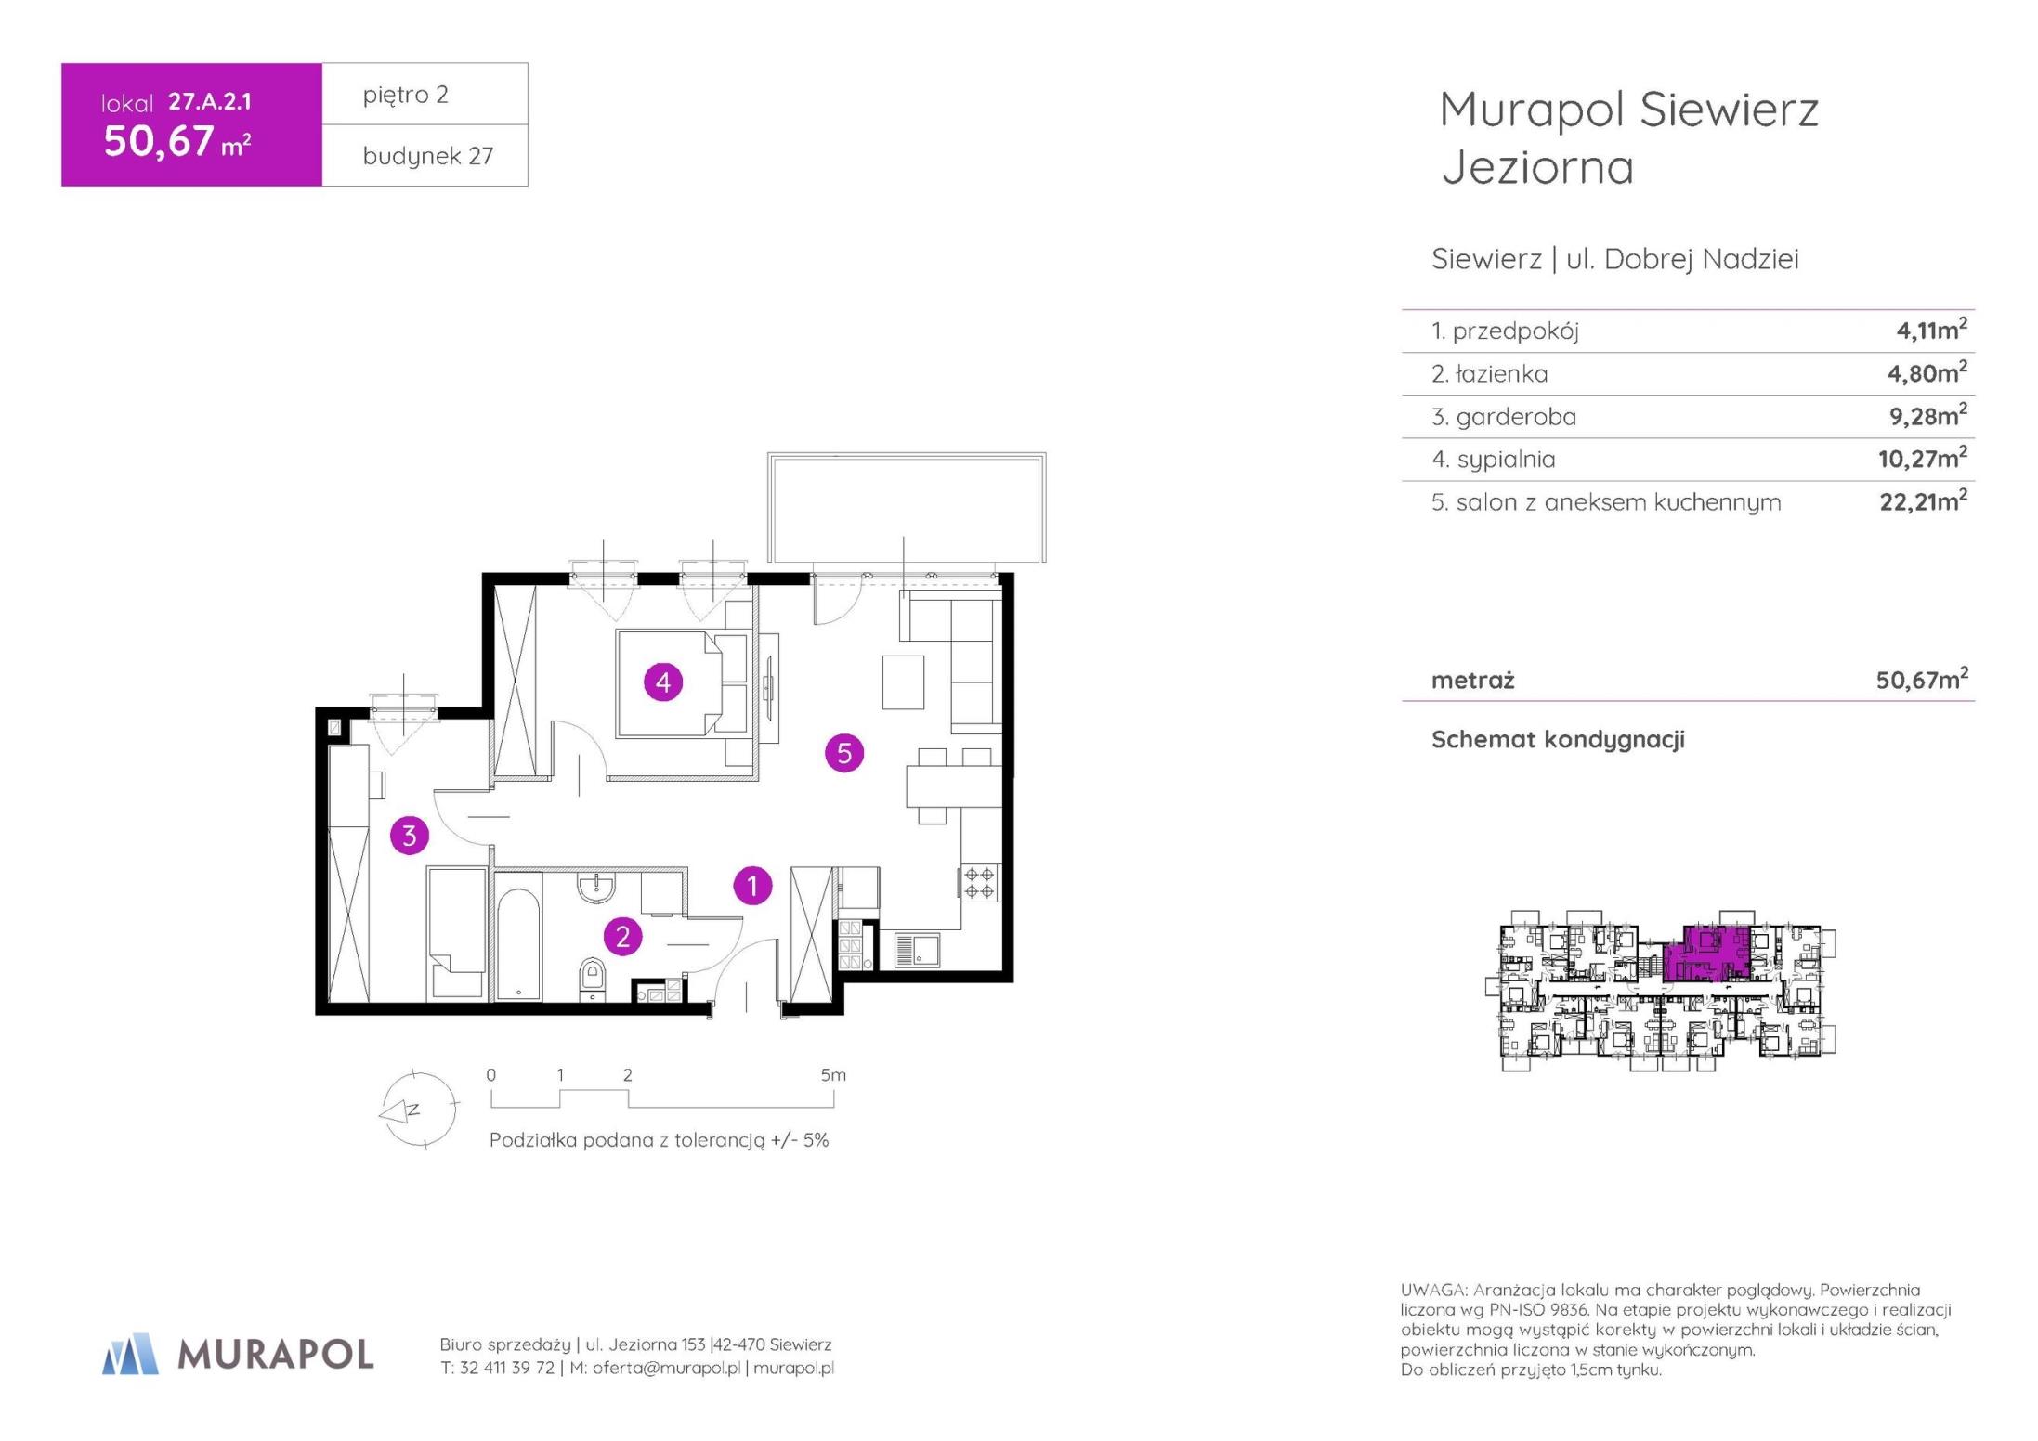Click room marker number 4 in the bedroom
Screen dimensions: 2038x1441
point(663,682)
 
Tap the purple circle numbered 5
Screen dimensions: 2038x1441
point(844,753)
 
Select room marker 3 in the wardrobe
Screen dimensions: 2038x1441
point(410,836)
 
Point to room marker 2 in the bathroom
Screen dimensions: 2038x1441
point(622,936)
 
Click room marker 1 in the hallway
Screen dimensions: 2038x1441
point(752,886)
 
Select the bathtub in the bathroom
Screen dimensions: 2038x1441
point(518,944)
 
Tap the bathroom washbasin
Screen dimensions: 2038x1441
point(596,887)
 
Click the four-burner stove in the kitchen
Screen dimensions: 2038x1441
point(980,882)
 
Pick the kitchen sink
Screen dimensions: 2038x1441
point(917,950)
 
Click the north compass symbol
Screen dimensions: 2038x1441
point(418,1110)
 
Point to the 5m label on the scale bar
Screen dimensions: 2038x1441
point(833,1075)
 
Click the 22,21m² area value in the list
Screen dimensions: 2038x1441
point(1923,501)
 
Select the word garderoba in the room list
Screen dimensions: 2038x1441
point(1516,417)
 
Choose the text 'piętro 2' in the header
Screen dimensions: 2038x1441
point(406,95)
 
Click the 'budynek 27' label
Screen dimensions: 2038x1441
point(428,156)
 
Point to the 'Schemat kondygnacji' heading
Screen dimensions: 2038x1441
point(1558,740)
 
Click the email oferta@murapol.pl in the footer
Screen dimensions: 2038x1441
point(666,1368)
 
